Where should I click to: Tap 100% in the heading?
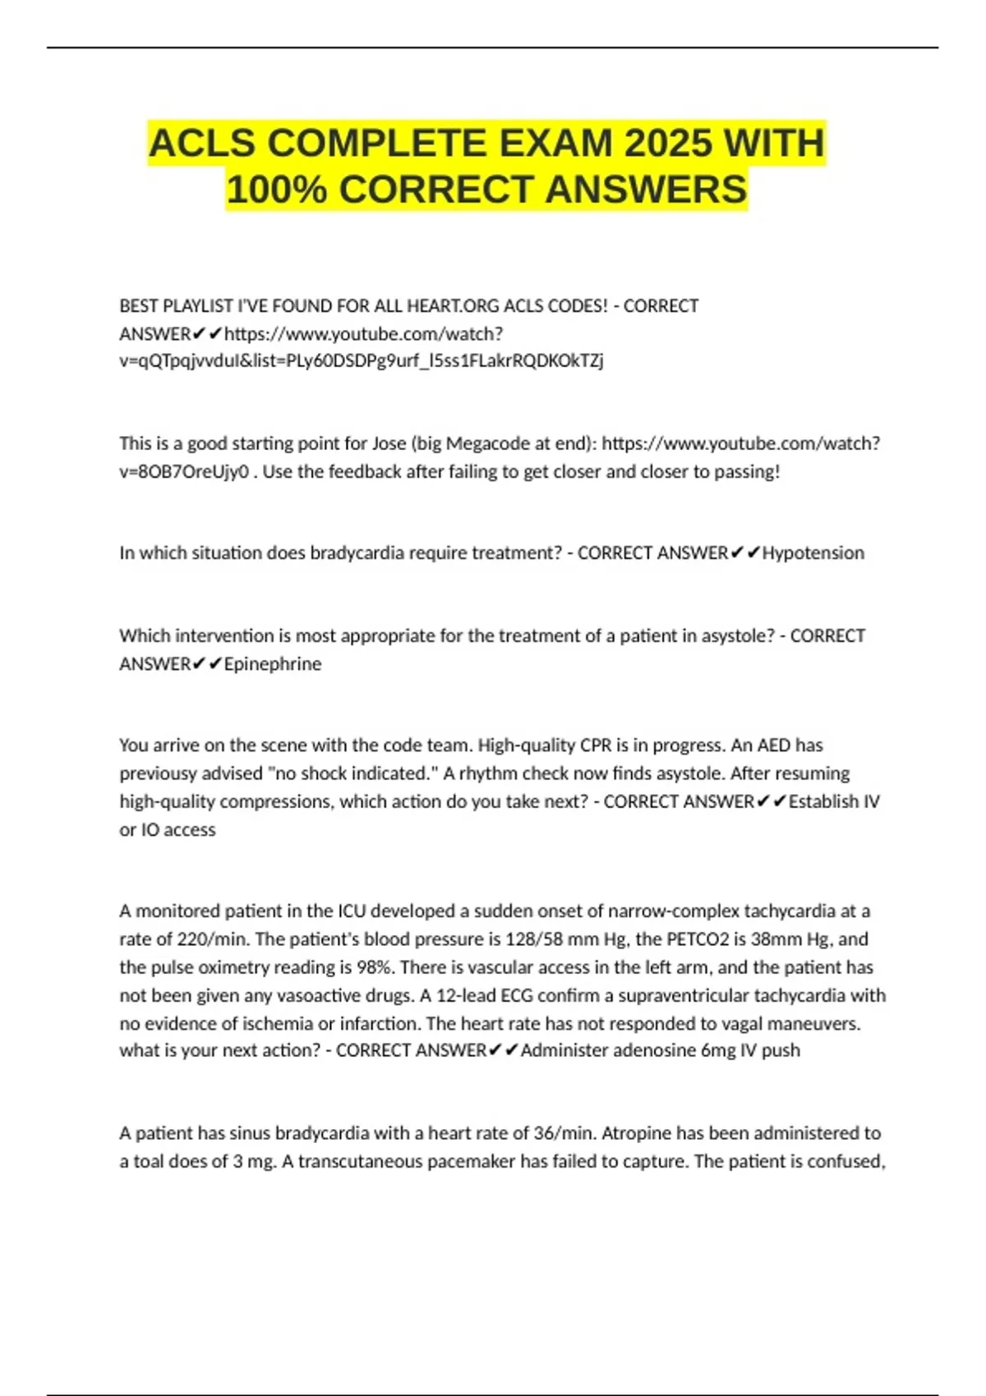click(276, 190)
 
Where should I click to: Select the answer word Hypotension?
click(813, 553)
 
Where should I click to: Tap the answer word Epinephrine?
click(273, 664)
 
